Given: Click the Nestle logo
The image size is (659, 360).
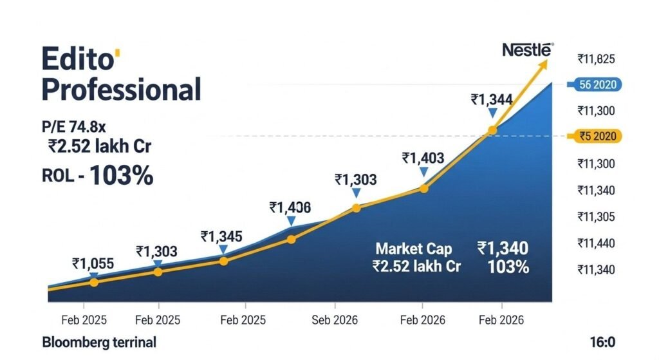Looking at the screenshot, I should pyautogui.click(x=527, y=49).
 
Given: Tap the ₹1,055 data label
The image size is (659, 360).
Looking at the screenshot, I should pyautogui.click(x=93, y=263).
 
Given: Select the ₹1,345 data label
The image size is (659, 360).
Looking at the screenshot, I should pyautogui.click(x=221, y=236).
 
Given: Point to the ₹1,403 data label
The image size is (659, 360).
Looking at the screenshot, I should pyautogui.click(x=423, y=158).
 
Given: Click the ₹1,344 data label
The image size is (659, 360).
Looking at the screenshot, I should pyautogui.click(x=492, y=99).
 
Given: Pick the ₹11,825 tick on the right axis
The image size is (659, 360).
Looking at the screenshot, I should pyautogui.click(x=596, y=59).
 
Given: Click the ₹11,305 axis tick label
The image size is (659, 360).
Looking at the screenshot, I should pyautogui.click(x=596, y=216).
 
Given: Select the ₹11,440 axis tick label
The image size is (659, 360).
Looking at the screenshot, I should pyautogui.click(x=596, y=243).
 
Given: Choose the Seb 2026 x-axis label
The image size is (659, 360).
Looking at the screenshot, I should pyautogui.click(x=335, y=320).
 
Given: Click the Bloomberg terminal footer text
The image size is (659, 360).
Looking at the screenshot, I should pyautogui.click(x=99, y=342).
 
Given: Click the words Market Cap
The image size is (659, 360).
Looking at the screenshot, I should pyautogui.click(x=414, y=249).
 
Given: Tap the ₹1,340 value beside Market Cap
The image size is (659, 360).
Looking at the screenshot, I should pyautogui.click(x=503, y=248).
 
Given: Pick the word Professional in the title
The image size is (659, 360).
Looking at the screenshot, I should pyautogui.click(x=121, y=89).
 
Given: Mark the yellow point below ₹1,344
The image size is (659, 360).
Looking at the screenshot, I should pyautogui.click(x=492, y=130).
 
